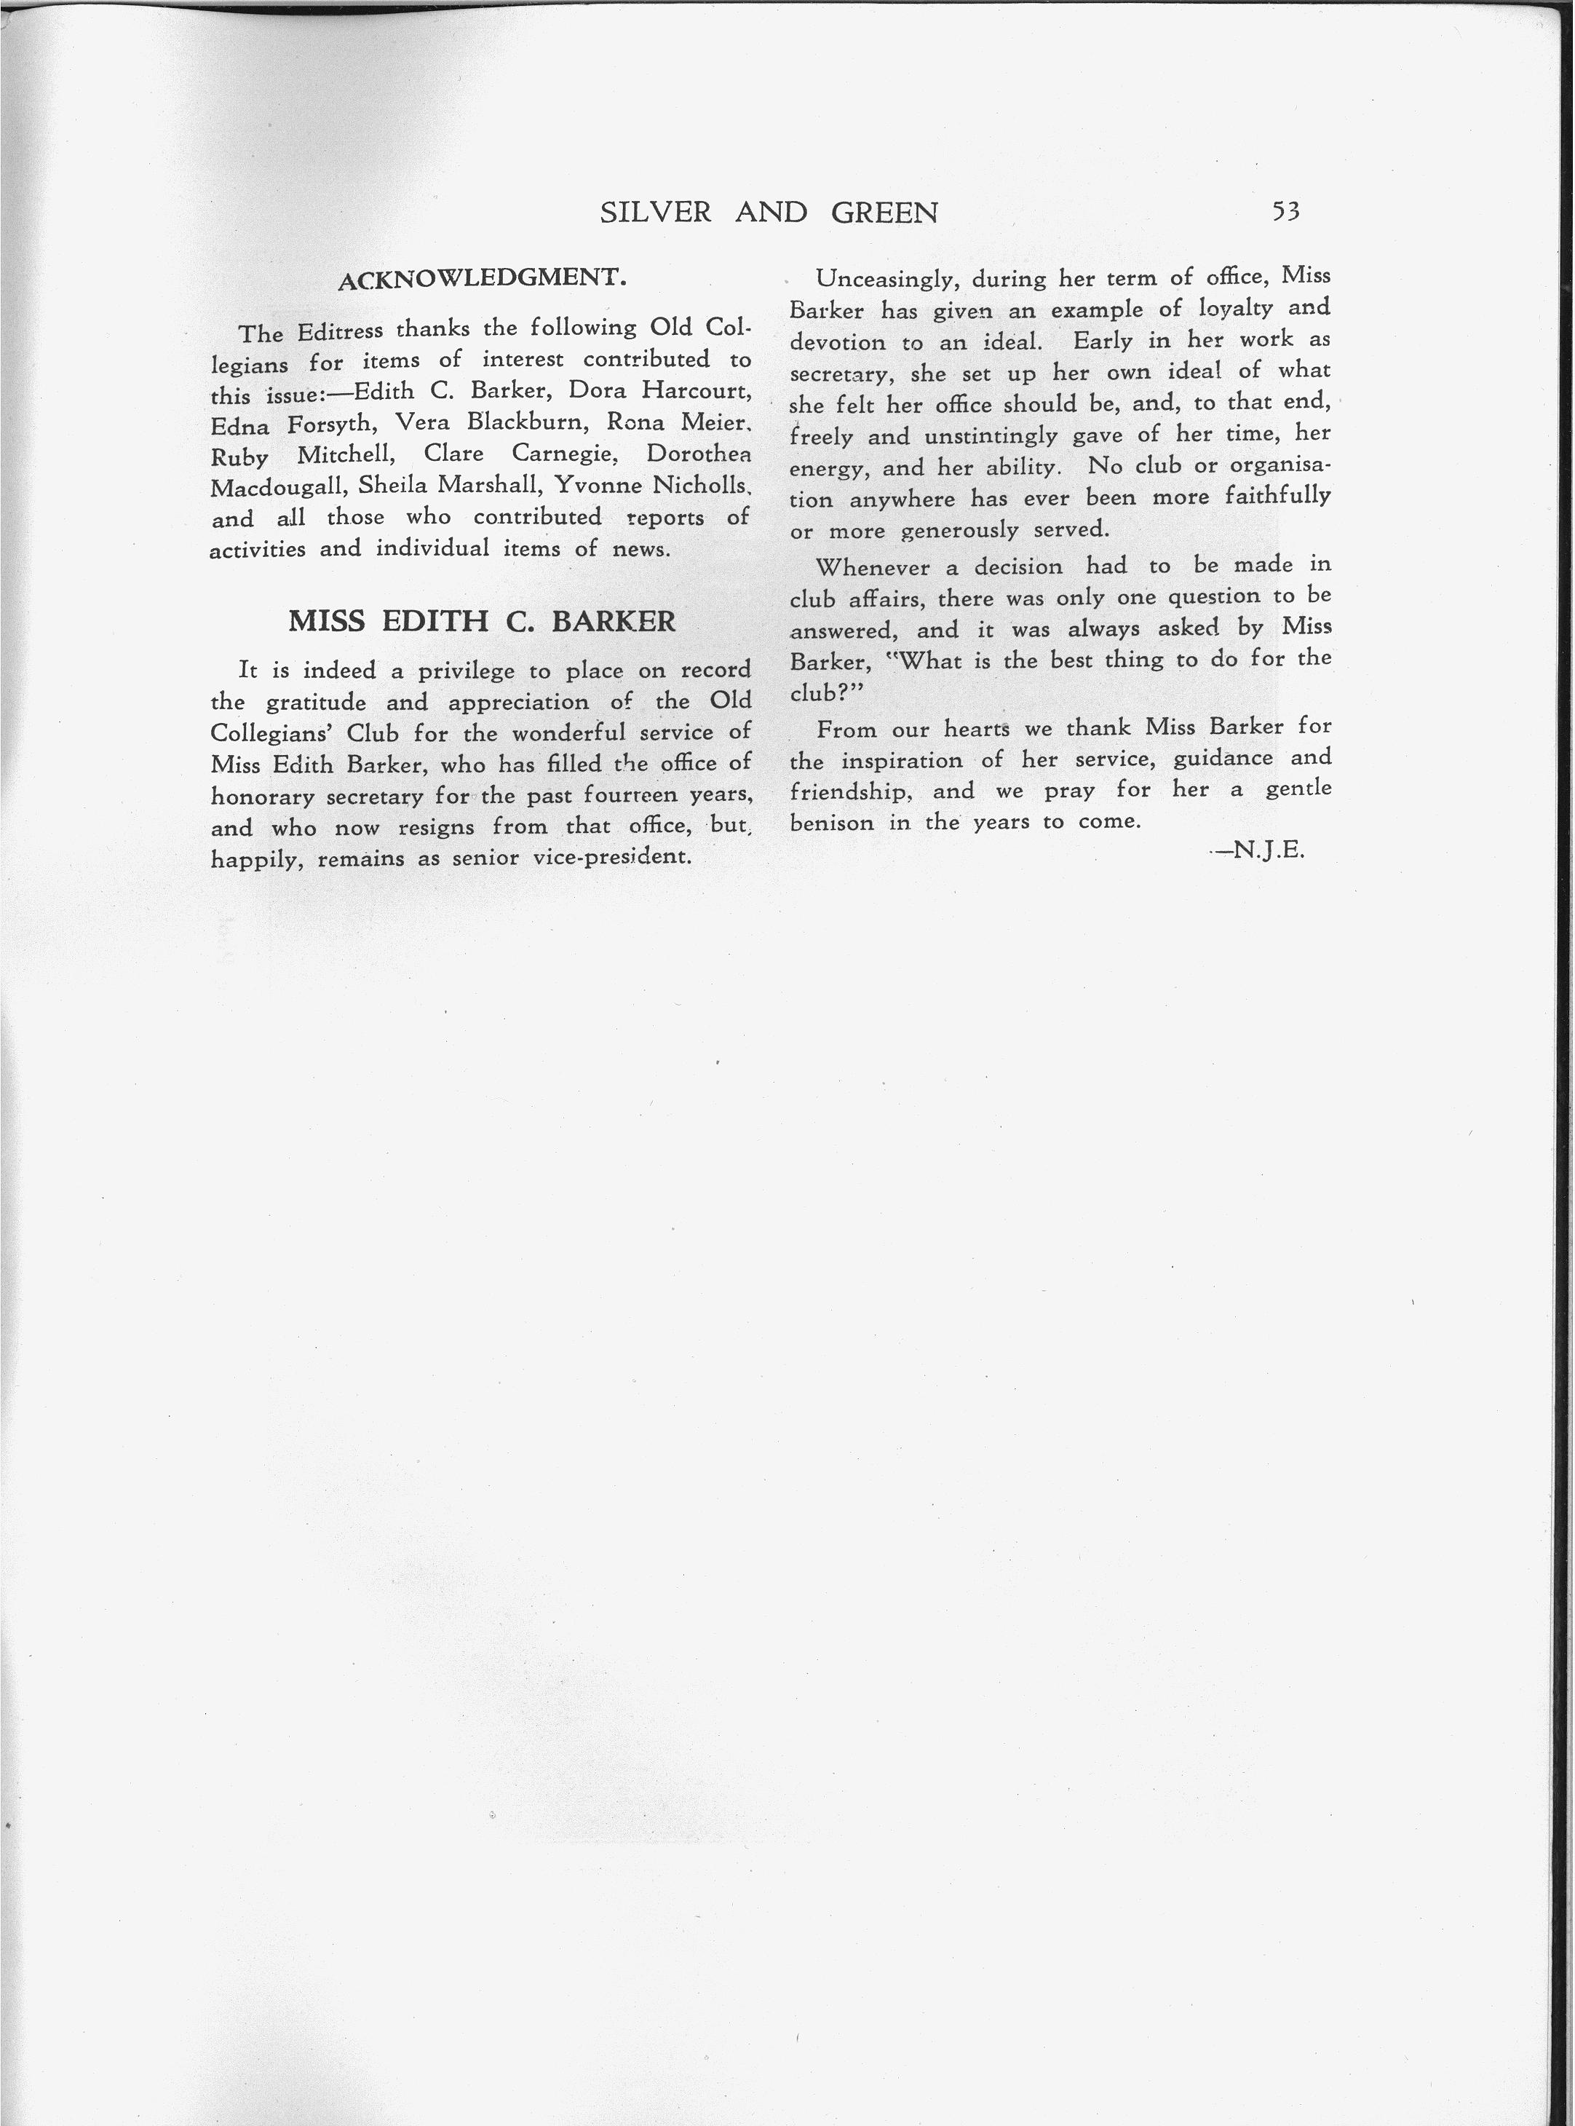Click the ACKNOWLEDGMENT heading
(482, 279)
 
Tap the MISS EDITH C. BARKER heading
(482, 622)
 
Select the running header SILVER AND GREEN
(769, 212)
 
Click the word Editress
(339, 331)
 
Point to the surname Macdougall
(277, 487)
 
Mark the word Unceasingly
(886, 280)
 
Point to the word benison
(831, 822)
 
